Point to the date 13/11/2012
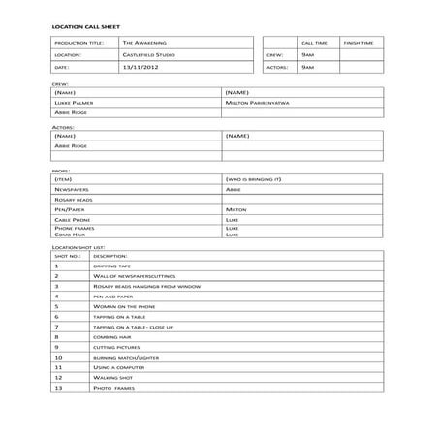[x=142, y=68]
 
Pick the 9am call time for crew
[x=307, y=55]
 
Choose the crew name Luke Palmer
[x=75, y=101]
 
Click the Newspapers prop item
[x=73, y=190]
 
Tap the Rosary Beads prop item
[x=75, y=200]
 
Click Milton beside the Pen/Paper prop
[x=236, y=209]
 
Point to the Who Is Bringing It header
[x=254, y=180]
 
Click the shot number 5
[x=57, y=305]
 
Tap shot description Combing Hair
[x=112, y=336]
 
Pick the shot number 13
[x=58, y=388]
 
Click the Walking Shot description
[x=112, y=377]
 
